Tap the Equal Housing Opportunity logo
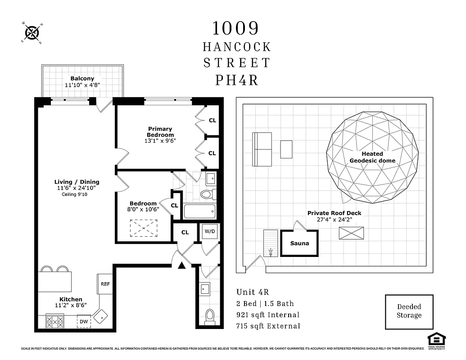tap(436, 339)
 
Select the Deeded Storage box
tap(409, 311)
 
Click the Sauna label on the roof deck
tap(299, 243)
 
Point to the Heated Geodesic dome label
tap(372, 157)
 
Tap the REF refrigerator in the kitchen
tap(105, 284)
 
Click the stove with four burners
tap(55, 321)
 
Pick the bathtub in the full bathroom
tap(200, 211)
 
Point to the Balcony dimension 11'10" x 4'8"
tap(82, 85)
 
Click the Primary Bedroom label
tap(160, 132)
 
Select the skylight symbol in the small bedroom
tap(144, 228)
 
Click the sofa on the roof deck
tap(262, 149)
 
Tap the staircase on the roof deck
tap(271, 243)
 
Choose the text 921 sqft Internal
tap(268, 315)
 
